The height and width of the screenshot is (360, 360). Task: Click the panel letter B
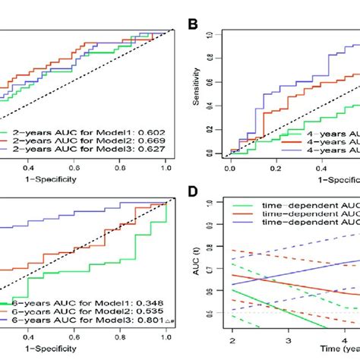194,24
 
